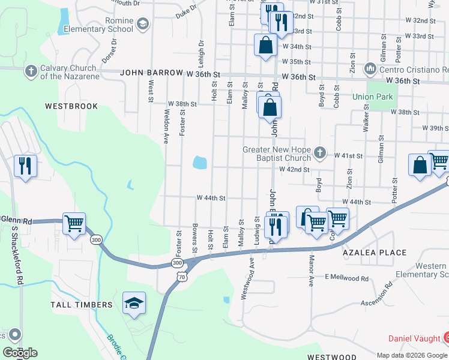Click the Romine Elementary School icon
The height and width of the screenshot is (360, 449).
coord(142,24)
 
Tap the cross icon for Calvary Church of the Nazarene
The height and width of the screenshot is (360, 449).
coord(31,72)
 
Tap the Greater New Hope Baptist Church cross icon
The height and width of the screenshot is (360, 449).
coord(320,154)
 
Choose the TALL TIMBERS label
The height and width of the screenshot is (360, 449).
coord(86,305)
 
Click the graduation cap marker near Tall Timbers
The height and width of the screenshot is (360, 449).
coord(134,303)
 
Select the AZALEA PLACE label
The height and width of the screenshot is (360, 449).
coord(375,253)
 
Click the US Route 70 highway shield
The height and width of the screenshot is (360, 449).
coord(181,275)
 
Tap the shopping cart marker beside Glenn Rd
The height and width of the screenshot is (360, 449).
coord(74,224)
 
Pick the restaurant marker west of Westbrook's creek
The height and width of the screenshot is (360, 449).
coord(25,166)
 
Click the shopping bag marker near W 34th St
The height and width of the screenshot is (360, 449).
coord(265,45)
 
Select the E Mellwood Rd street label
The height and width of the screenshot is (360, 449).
coord(347,278)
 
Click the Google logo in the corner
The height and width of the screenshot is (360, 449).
coord(20,353)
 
